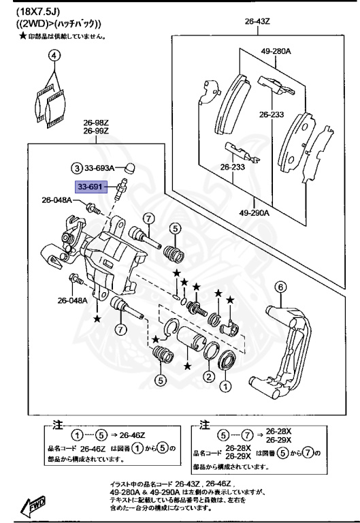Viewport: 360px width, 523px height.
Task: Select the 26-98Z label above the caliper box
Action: pyautogui.click(x=96, y=123)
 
